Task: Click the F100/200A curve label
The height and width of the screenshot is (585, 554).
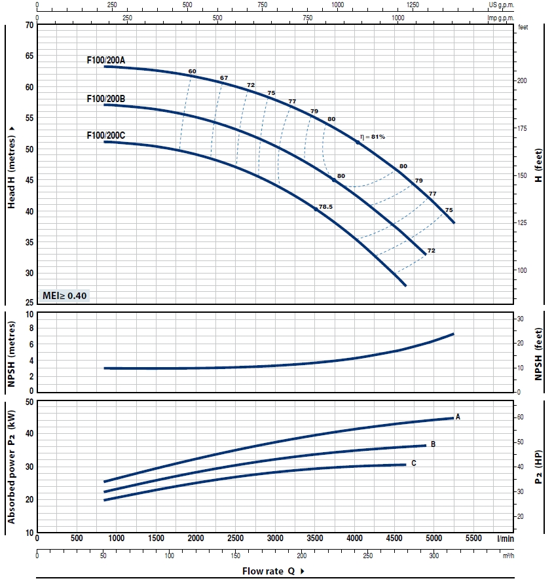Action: click(105, 60)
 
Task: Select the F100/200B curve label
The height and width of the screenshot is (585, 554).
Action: click(105, 99)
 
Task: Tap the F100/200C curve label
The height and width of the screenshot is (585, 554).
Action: click(105, 135)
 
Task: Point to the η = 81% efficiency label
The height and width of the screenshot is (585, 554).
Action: click(373, 137)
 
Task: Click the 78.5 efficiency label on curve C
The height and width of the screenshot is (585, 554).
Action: click(325, 207)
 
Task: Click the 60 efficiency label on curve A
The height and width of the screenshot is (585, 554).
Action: click(192, 71)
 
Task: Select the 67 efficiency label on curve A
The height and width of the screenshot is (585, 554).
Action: click(224, 78)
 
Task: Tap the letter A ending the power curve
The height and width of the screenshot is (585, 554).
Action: click(458, 416)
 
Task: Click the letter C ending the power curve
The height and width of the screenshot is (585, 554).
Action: click(413, 463)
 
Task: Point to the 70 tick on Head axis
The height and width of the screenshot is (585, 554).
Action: click(29, 25)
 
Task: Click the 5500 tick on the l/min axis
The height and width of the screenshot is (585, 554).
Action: click(473, 538)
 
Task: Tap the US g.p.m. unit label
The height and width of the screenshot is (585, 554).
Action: click(502, 5)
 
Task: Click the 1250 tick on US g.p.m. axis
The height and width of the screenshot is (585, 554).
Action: click(413, 5)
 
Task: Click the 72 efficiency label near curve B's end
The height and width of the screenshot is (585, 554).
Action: click(431, 251)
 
